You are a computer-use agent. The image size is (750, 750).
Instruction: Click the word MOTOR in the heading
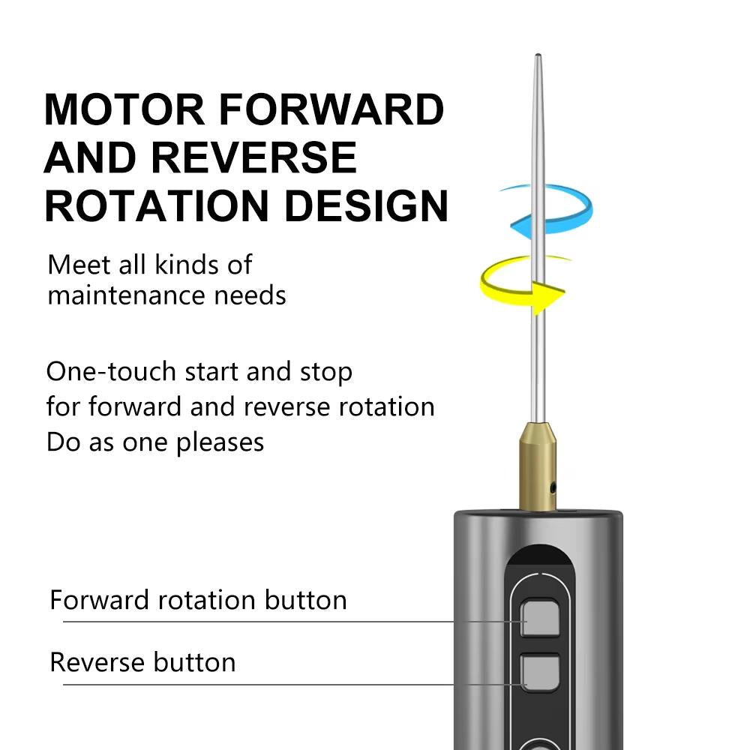pos(124,109)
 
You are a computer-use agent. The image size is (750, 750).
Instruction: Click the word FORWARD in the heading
pos(332,109)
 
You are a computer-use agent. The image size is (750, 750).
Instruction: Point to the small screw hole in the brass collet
pos(553,488)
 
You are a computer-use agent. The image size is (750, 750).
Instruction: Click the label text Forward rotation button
pos(198,600)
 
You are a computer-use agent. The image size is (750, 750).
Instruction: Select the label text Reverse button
pos(142,662)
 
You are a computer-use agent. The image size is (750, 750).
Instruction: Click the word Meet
pos(73,265)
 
